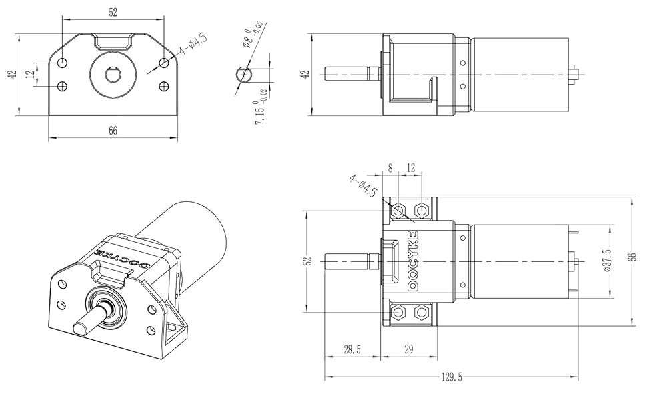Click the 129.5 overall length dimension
(451, 377)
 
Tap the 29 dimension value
(408, 349)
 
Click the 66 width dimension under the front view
(113, 131)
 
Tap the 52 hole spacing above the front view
(113, 11)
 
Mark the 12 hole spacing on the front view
(30, 74)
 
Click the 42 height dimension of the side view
(305, 74)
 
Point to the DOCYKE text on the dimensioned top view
(412, 260)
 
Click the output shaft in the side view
(347, 73)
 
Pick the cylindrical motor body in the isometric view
(193, 233)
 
